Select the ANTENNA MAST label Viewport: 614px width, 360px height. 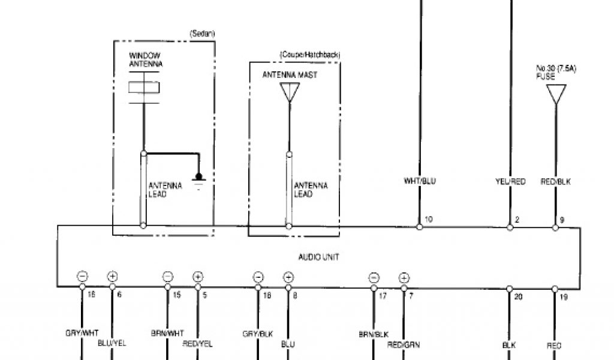pos(290,75)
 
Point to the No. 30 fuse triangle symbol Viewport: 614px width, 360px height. pos(556,94)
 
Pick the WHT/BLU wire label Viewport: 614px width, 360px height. pos(420,181)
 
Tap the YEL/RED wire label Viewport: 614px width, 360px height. pos(510,181)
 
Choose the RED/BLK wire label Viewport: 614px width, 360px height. pos(554,181)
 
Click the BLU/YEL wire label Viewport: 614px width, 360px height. pos(112,343)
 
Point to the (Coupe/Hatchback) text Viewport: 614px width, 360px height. pos(309,55)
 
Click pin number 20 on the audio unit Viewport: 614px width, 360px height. pos(517,296)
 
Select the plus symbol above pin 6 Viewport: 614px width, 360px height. pos(112,277)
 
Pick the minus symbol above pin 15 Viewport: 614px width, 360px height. pos(168,277)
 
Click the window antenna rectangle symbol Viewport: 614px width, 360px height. pos(144,88)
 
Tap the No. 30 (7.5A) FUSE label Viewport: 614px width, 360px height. pos(555,73)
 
